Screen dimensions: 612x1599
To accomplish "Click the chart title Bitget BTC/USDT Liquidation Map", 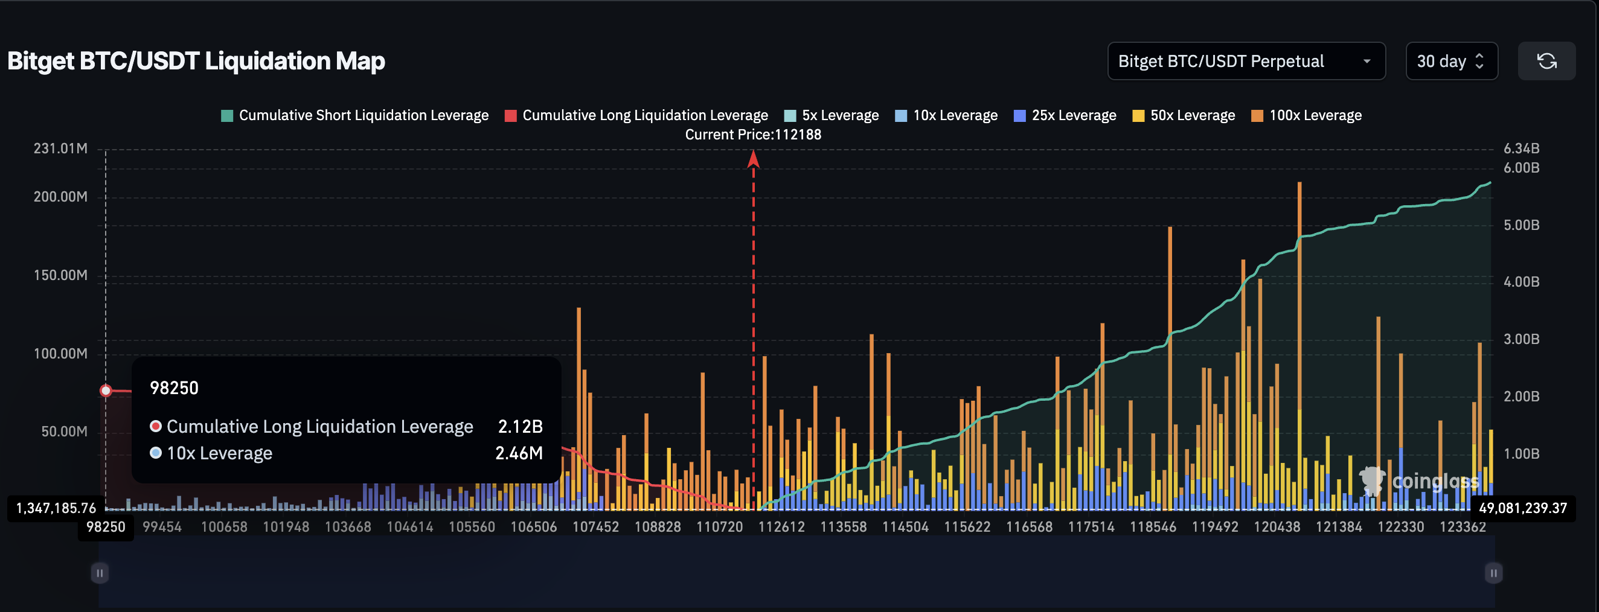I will tap(196, 62).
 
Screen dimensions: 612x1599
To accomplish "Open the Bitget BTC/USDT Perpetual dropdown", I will tap(1246, 62).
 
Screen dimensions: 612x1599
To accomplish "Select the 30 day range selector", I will tap(1450, 62).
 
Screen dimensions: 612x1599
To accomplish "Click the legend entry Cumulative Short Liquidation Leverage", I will tap(355, 115).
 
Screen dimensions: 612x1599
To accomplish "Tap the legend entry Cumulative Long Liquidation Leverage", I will tap(637, 115).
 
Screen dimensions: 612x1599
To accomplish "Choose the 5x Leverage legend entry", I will tap(832, 115).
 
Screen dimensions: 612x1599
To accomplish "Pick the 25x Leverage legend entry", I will tap(1065, 115).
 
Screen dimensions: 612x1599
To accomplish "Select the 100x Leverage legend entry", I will tap(1307, 115).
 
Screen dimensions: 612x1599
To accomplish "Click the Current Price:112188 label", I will tap(753, 135).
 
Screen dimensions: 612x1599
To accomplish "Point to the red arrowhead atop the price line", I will tap(754, 159).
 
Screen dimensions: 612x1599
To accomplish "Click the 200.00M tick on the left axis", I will tap(60, 197).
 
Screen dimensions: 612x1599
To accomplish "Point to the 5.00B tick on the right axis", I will tap(1520, 225).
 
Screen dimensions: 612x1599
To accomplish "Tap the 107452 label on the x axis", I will tap(595, 527).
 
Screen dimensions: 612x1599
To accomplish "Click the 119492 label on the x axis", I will tap(1215, 527).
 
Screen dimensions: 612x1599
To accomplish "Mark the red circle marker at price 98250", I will tap(106, 390).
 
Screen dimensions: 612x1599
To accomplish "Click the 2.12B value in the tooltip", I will tap(520, 427).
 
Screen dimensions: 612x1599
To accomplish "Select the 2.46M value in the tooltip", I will tap(519, 453).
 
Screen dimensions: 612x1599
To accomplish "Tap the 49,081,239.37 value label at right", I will tap(1523, 508).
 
